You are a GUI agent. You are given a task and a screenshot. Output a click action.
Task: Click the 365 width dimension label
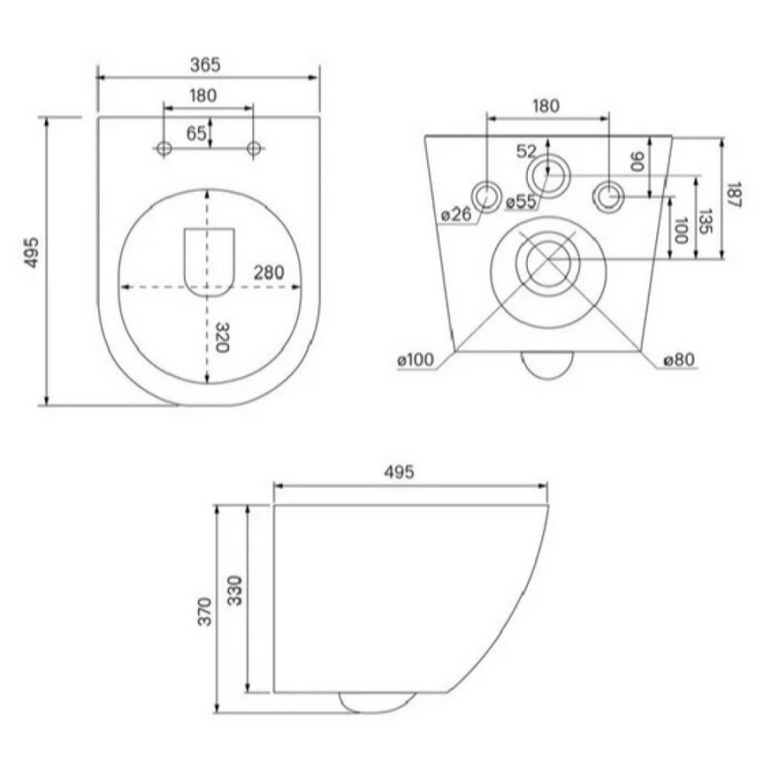click(x=205, y=65)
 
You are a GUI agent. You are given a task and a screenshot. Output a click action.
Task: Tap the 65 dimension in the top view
click(x=196, y=133)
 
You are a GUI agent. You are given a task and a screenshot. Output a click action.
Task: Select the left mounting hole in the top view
click(x=164, y=148)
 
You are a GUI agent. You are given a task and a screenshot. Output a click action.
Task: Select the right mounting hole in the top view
click(x=253, y=148)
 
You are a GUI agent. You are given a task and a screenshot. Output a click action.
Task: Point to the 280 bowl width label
click(x=268, y=272)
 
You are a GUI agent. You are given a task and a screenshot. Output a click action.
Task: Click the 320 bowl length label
click(x=222, y=338)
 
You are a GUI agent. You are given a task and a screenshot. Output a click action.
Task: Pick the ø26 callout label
click(x=456, y=213)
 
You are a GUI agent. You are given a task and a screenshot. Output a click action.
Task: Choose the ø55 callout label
click(x=521, y=201)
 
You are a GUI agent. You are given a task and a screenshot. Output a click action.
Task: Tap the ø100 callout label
click(x=415, y=360)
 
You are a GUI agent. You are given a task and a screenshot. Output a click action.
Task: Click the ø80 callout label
click(x=679, y=360)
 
